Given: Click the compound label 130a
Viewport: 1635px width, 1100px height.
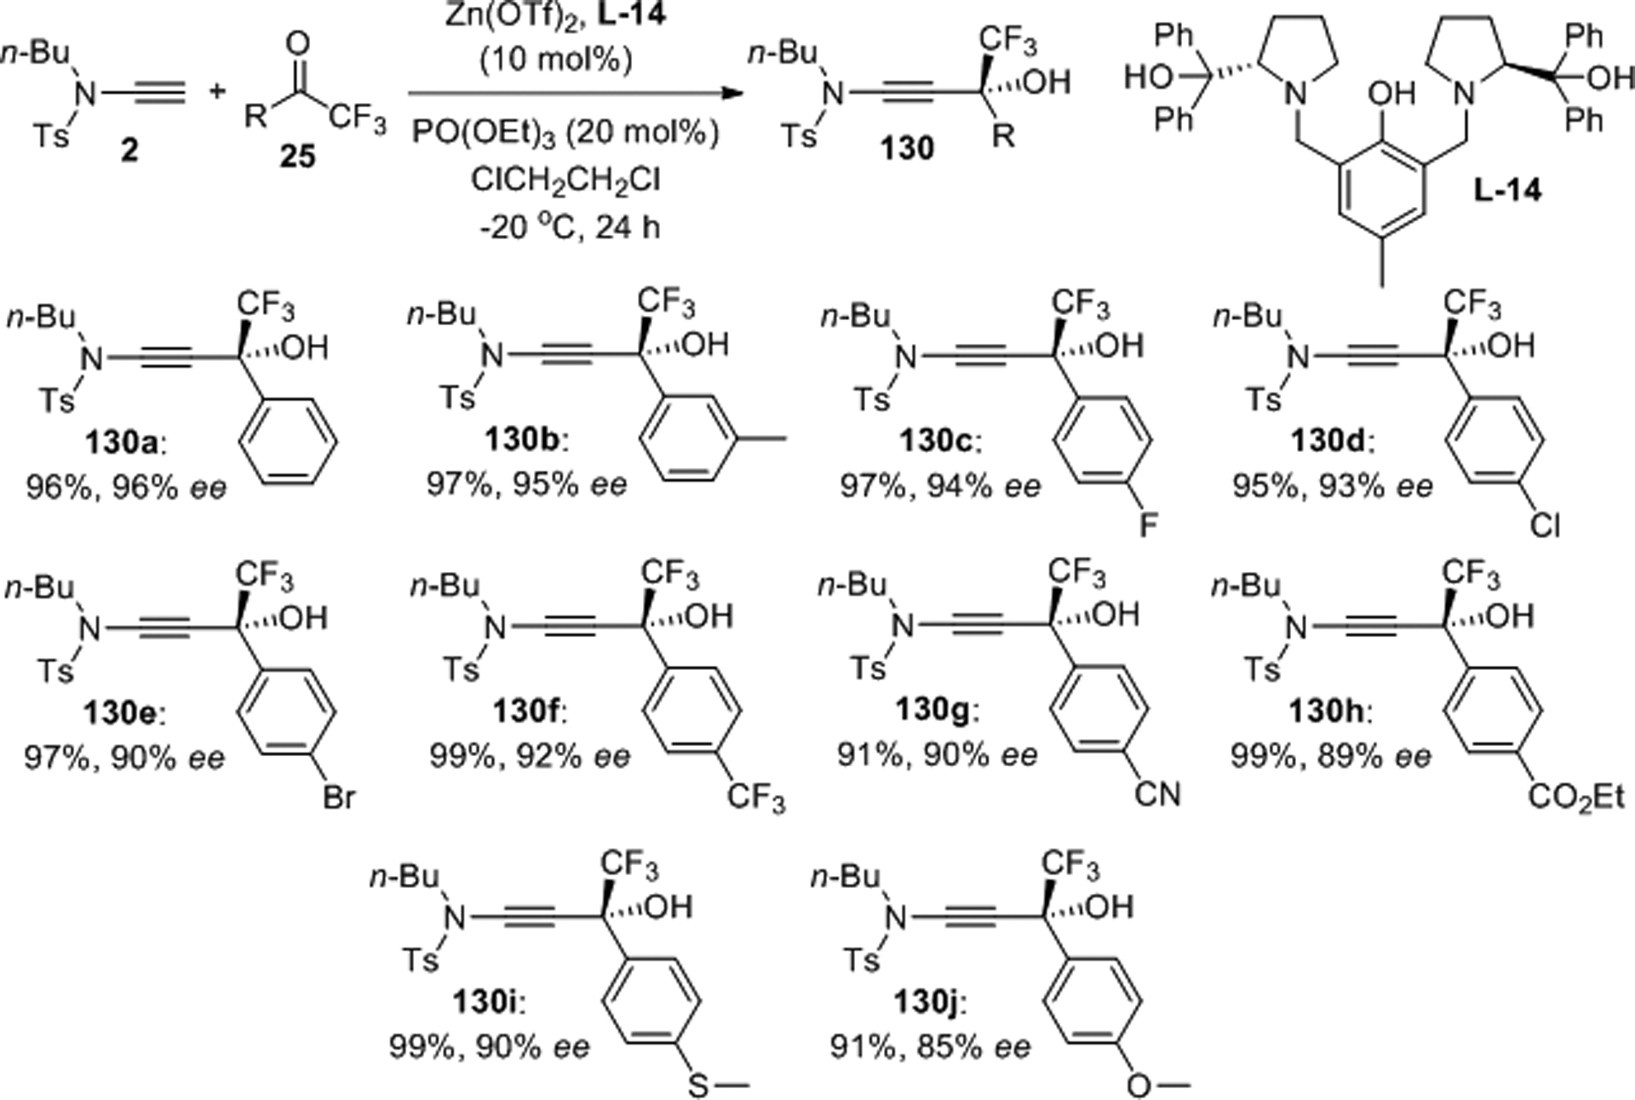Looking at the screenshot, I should click(121, 444).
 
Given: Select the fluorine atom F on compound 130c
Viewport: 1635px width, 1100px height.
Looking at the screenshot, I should click(1148, 525).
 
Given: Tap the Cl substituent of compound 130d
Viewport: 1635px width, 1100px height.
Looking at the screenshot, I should click(1544, 526).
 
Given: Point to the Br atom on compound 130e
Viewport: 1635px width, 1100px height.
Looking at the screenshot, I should click(338, 799).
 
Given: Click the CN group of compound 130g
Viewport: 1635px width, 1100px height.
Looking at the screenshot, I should click(1158, 794).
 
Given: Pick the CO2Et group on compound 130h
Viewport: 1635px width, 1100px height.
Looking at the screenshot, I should click(1576, 797).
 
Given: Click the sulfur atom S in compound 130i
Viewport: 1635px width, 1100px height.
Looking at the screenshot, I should click(698, 1086).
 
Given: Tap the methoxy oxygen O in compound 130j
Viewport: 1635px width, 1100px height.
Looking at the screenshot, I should click(1138, 1086).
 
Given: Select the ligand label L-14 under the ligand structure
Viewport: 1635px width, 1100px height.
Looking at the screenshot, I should click(1507, 190).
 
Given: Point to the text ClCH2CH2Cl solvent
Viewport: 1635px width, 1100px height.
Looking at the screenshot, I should click(565, 180).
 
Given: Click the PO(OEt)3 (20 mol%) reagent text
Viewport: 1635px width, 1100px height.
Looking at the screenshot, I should click(565, 133).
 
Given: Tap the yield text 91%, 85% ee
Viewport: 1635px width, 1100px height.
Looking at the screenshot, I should click(931, 1046).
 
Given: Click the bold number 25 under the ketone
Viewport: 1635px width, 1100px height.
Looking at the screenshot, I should click(297, 156).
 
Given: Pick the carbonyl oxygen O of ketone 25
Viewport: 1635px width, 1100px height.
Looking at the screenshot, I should click(298, 43).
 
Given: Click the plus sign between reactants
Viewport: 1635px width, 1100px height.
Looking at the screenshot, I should click(217, 91).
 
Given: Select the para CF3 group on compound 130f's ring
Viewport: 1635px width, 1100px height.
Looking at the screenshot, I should click(754, 799).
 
